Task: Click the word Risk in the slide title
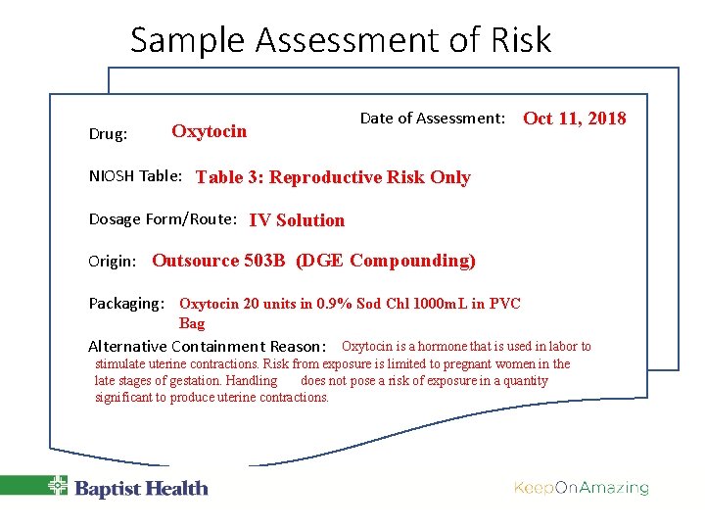click(518, 40)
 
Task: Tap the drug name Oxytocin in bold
click(209, 131)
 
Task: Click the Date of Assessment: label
click(432, 119)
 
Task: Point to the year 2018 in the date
click(606, 119)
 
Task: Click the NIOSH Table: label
click(135, 176)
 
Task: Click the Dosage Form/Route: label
click(163, 219)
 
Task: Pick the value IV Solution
click(297, 220)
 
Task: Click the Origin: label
click(116, 262)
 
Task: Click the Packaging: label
click(126, 304)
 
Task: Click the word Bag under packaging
click(192, 323)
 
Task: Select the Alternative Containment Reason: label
click(207, 346)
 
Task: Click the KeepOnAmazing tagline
click(581, 488)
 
